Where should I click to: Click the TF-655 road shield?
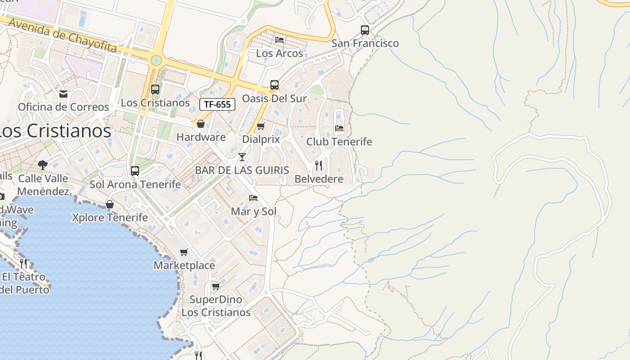coord(217,104)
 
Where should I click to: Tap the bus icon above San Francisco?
coord(365,30)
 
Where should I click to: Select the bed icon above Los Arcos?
coord(279,40)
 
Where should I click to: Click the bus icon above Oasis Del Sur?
coord(274,85)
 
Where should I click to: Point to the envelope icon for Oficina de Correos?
coord(63,94)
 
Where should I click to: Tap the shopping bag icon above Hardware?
coord(201,124)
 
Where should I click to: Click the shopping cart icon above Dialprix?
coord(261,126)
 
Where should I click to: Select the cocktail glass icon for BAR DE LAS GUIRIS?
coord(242,157)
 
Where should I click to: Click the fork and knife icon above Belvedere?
coord(319,166)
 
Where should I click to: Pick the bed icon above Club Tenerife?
coord(339,128)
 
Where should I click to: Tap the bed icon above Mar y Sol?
coord(253,198)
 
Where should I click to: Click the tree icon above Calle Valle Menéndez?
coord(43,165)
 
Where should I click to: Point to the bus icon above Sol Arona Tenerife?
coord(135,171)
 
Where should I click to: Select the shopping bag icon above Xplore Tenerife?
coord(110,205)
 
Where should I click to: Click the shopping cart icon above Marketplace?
coord(184,252)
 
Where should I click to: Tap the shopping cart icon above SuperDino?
coord(216,287)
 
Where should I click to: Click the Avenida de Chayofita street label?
coord(63,36)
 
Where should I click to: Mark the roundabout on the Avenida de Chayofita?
coord(156,60)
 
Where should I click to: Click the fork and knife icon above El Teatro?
coord(23,263)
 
